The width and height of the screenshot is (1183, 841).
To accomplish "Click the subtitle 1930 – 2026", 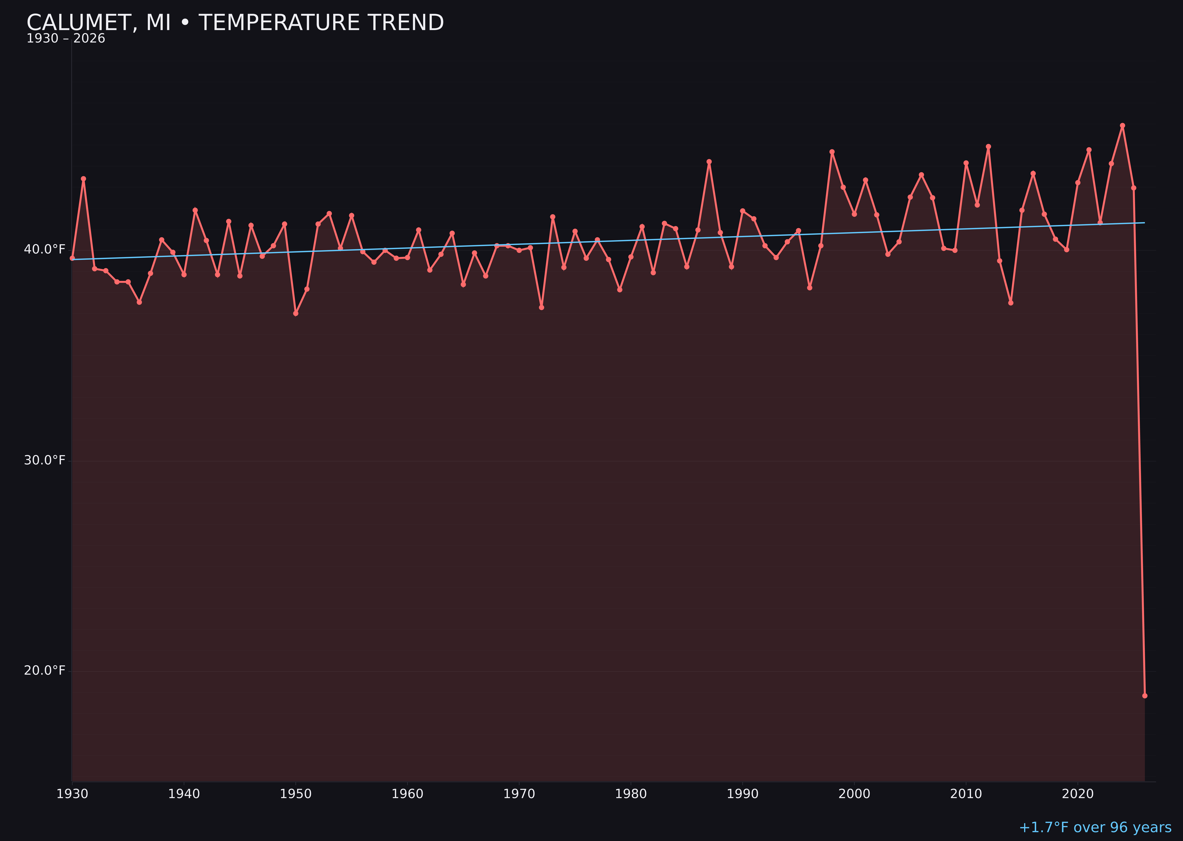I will pos(66,39).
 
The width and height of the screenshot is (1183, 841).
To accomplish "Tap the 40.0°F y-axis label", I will pos(45,250).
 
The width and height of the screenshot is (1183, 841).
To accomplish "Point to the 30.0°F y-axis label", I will pos(45,460).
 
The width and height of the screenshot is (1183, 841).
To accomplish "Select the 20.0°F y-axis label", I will pos(45,671).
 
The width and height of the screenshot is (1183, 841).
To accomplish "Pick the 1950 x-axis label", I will pos(296,794).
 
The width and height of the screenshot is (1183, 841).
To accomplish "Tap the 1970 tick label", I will pos(519,794).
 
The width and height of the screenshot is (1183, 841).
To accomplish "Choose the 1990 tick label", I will pos(742,794).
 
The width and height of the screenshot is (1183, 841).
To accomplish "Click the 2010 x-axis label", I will pos(966,794).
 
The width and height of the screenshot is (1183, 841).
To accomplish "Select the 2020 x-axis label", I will pos(1077,794).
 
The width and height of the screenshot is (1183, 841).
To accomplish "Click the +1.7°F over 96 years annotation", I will pos(1095,827).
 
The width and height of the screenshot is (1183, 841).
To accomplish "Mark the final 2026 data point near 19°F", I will pos(1145,696).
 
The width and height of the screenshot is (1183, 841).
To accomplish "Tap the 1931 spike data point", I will pos(83,179).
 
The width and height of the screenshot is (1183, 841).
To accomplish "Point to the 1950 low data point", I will pos(296,313).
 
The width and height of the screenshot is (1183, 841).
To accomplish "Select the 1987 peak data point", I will pos(709,161).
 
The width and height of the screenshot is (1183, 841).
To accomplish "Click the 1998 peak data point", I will pos(832,152).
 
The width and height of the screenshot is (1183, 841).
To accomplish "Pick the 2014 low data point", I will pos(1011,303).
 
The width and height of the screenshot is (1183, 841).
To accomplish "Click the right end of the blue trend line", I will pos(1144,223).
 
